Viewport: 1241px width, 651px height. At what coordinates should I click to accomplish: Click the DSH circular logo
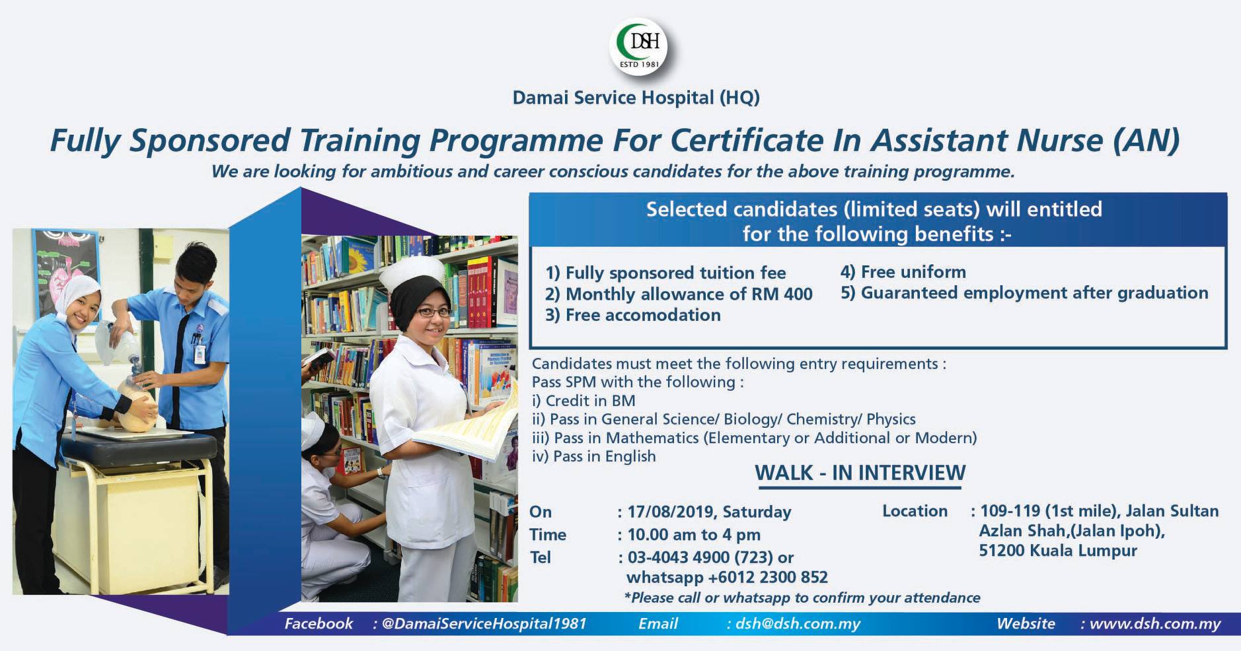tap(638, 46)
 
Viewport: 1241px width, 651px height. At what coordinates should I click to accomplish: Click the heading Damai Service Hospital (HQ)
tap(636, 98)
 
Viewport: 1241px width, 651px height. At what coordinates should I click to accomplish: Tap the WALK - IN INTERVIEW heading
tap(860, 473)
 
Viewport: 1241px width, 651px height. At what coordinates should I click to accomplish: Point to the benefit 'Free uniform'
tap(903, 272)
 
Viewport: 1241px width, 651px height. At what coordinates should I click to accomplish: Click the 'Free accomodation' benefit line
tap(632, 315)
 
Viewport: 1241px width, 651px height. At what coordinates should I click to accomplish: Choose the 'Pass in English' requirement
tap(594, 456)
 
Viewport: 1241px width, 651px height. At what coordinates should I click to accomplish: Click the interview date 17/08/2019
tap(673, 512)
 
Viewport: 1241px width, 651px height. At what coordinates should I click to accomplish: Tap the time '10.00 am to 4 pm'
tap(694, 534)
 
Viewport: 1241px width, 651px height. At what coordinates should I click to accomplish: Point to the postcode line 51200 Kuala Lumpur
tap(1058, 551)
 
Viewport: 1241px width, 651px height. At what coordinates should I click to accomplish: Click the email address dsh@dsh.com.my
tap(798, 624)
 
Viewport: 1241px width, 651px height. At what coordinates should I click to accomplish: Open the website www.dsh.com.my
tap(1154, 624)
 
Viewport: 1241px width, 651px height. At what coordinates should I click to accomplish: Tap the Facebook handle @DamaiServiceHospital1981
tap(484, 624)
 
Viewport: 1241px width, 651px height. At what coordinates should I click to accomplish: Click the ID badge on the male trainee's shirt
tap(200, 351)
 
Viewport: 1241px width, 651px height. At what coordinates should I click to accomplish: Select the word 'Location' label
tap(915, 511)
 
